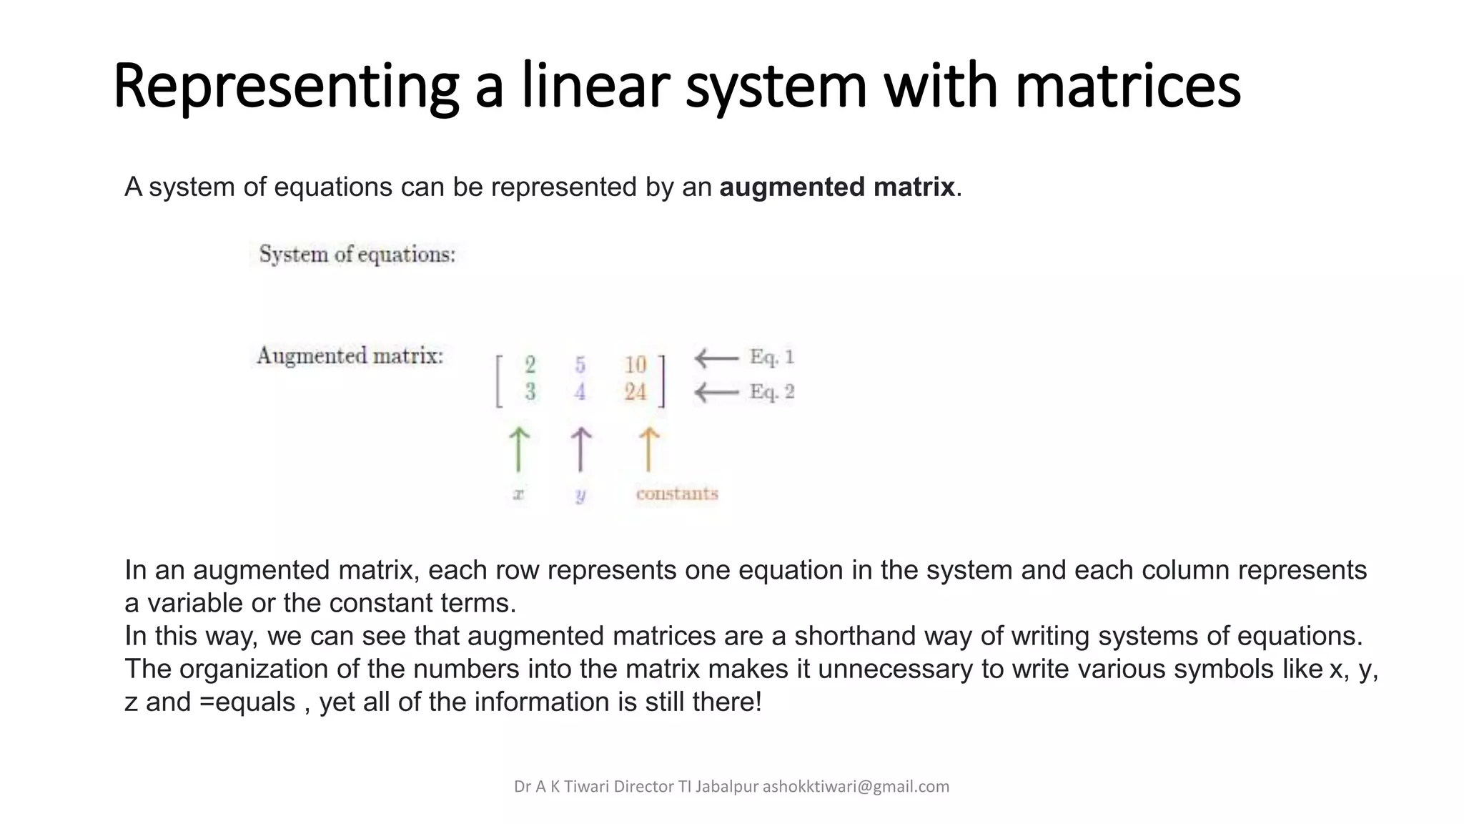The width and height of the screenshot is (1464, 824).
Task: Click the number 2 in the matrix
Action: [530, 365]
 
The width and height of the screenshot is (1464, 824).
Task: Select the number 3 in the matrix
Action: [530, 392]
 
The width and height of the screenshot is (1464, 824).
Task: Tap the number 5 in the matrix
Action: [580, 365]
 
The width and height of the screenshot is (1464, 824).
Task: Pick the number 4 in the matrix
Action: [580, 392]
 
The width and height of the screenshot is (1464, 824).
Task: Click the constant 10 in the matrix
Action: [635, 365]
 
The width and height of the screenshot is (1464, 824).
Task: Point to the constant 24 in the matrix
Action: [635, 392]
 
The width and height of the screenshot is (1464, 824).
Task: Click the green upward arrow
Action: [519, 450]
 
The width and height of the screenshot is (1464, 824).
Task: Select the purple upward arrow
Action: [580, 450]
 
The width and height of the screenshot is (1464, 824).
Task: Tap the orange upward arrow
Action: [648, 450]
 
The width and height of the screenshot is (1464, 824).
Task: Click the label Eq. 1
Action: [771, 357]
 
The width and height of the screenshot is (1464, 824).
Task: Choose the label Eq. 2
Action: [771, 392]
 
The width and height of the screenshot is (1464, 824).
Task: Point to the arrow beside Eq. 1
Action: [716, 358]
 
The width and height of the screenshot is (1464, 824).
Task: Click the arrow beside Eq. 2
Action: [716, 392]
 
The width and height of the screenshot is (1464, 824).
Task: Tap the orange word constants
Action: [677, 494]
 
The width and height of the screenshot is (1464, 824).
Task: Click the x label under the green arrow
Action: [519, 494]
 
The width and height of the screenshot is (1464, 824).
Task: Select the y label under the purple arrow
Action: [580, 495]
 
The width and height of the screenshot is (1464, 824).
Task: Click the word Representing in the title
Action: [286, 87]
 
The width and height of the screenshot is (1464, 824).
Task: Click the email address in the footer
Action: [856, 787]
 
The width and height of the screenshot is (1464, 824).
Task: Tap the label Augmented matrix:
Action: [350, 355]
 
